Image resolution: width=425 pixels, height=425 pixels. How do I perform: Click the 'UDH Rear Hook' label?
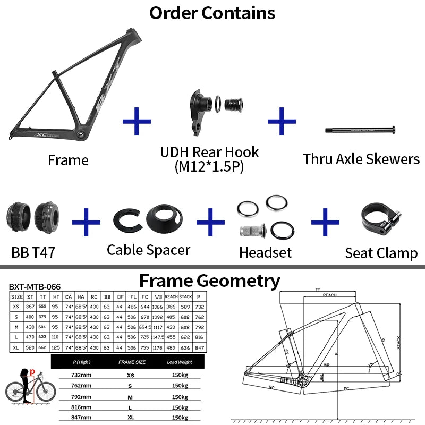pyautogui.click(x=209, y=152)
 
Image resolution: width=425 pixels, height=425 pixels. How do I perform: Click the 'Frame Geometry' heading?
pyautogui.click(x=209, y=280)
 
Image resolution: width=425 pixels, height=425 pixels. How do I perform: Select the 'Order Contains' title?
pyautogui.click(x=212, y=13)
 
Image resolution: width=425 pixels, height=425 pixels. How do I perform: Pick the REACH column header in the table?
pyautogui.click(x=171, y=296)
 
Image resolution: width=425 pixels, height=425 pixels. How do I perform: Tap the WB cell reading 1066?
pyautogui.click(x=157, y=307)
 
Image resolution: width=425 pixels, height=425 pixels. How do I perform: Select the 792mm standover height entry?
pyautogui.click(x=81, y=395)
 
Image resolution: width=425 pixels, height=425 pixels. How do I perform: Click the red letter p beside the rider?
pyautogui.click(x=32, y=372)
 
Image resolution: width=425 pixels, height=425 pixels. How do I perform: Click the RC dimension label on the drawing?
pyautogui.click(x=271, y=387)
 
